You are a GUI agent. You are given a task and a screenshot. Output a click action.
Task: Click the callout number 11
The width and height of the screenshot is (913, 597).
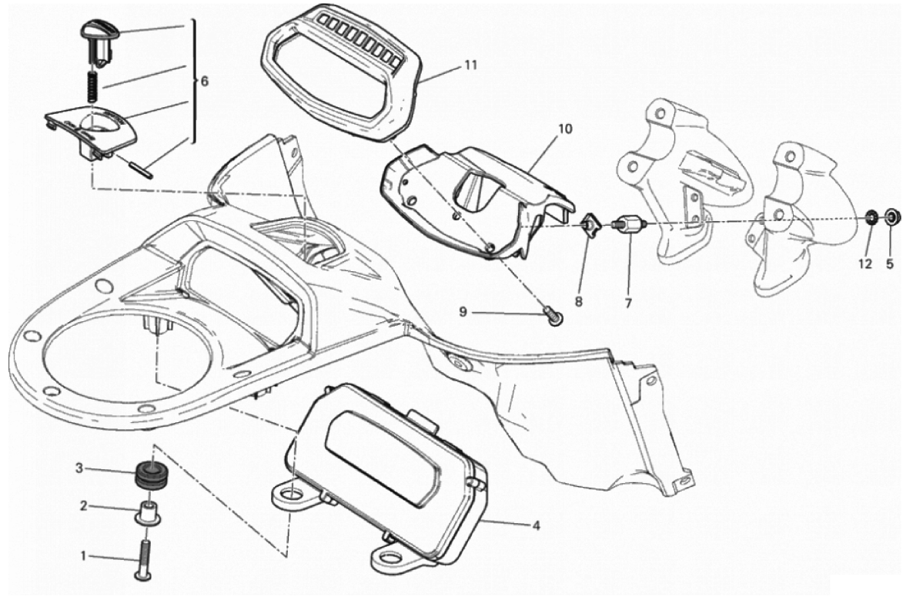coord(470,65)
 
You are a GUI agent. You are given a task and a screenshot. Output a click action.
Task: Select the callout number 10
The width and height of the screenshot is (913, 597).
coord(565,129)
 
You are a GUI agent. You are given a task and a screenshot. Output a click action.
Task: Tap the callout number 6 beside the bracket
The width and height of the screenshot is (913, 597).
coord(204,81)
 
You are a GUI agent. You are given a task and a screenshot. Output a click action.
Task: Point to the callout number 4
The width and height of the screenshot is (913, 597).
coord(535,526)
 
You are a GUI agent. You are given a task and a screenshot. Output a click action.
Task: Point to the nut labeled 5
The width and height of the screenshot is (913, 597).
coord(891,216)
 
